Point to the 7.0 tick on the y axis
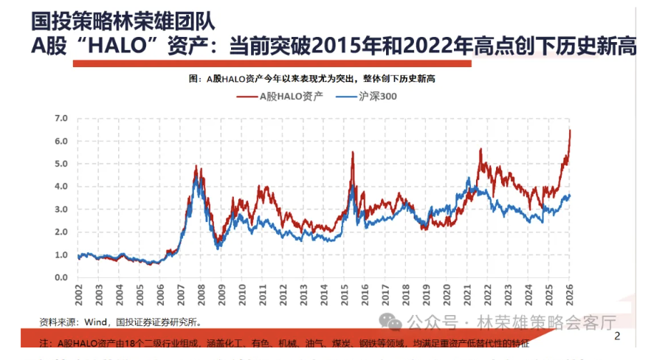(x=61, y=118)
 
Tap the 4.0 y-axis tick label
(x=61, y=187)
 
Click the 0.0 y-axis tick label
(x=61, y=278)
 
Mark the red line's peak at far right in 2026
(x=570, y=130)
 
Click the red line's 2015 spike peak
(x=353, y=152)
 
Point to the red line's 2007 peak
(x=196, y=167)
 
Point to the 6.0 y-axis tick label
(x=61, y=141)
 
